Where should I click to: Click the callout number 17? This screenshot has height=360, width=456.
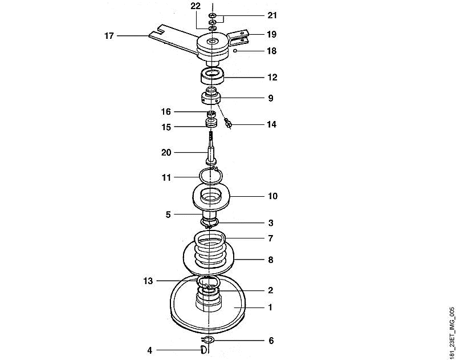click(109, 36)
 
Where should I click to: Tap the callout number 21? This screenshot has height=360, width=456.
click(272, 15)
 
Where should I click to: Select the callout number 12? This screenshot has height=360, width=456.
click(272, 78)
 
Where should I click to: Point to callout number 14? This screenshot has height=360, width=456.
click(272, 124)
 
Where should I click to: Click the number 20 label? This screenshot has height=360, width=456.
click(166, 152)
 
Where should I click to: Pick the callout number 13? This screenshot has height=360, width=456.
click(148, 281)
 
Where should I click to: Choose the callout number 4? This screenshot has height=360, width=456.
click(149, 350)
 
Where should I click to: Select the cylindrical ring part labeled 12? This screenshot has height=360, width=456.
click(212, 76)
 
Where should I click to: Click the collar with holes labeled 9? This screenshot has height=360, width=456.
click(211, 97)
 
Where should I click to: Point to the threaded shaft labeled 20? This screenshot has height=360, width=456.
click(211, 148)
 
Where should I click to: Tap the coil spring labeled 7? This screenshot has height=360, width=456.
click(210, 248)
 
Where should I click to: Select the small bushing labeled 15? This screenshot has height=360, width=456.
click(211, 123)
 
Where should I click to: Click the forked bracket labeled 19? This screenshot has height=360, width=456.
click(239, 37)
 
